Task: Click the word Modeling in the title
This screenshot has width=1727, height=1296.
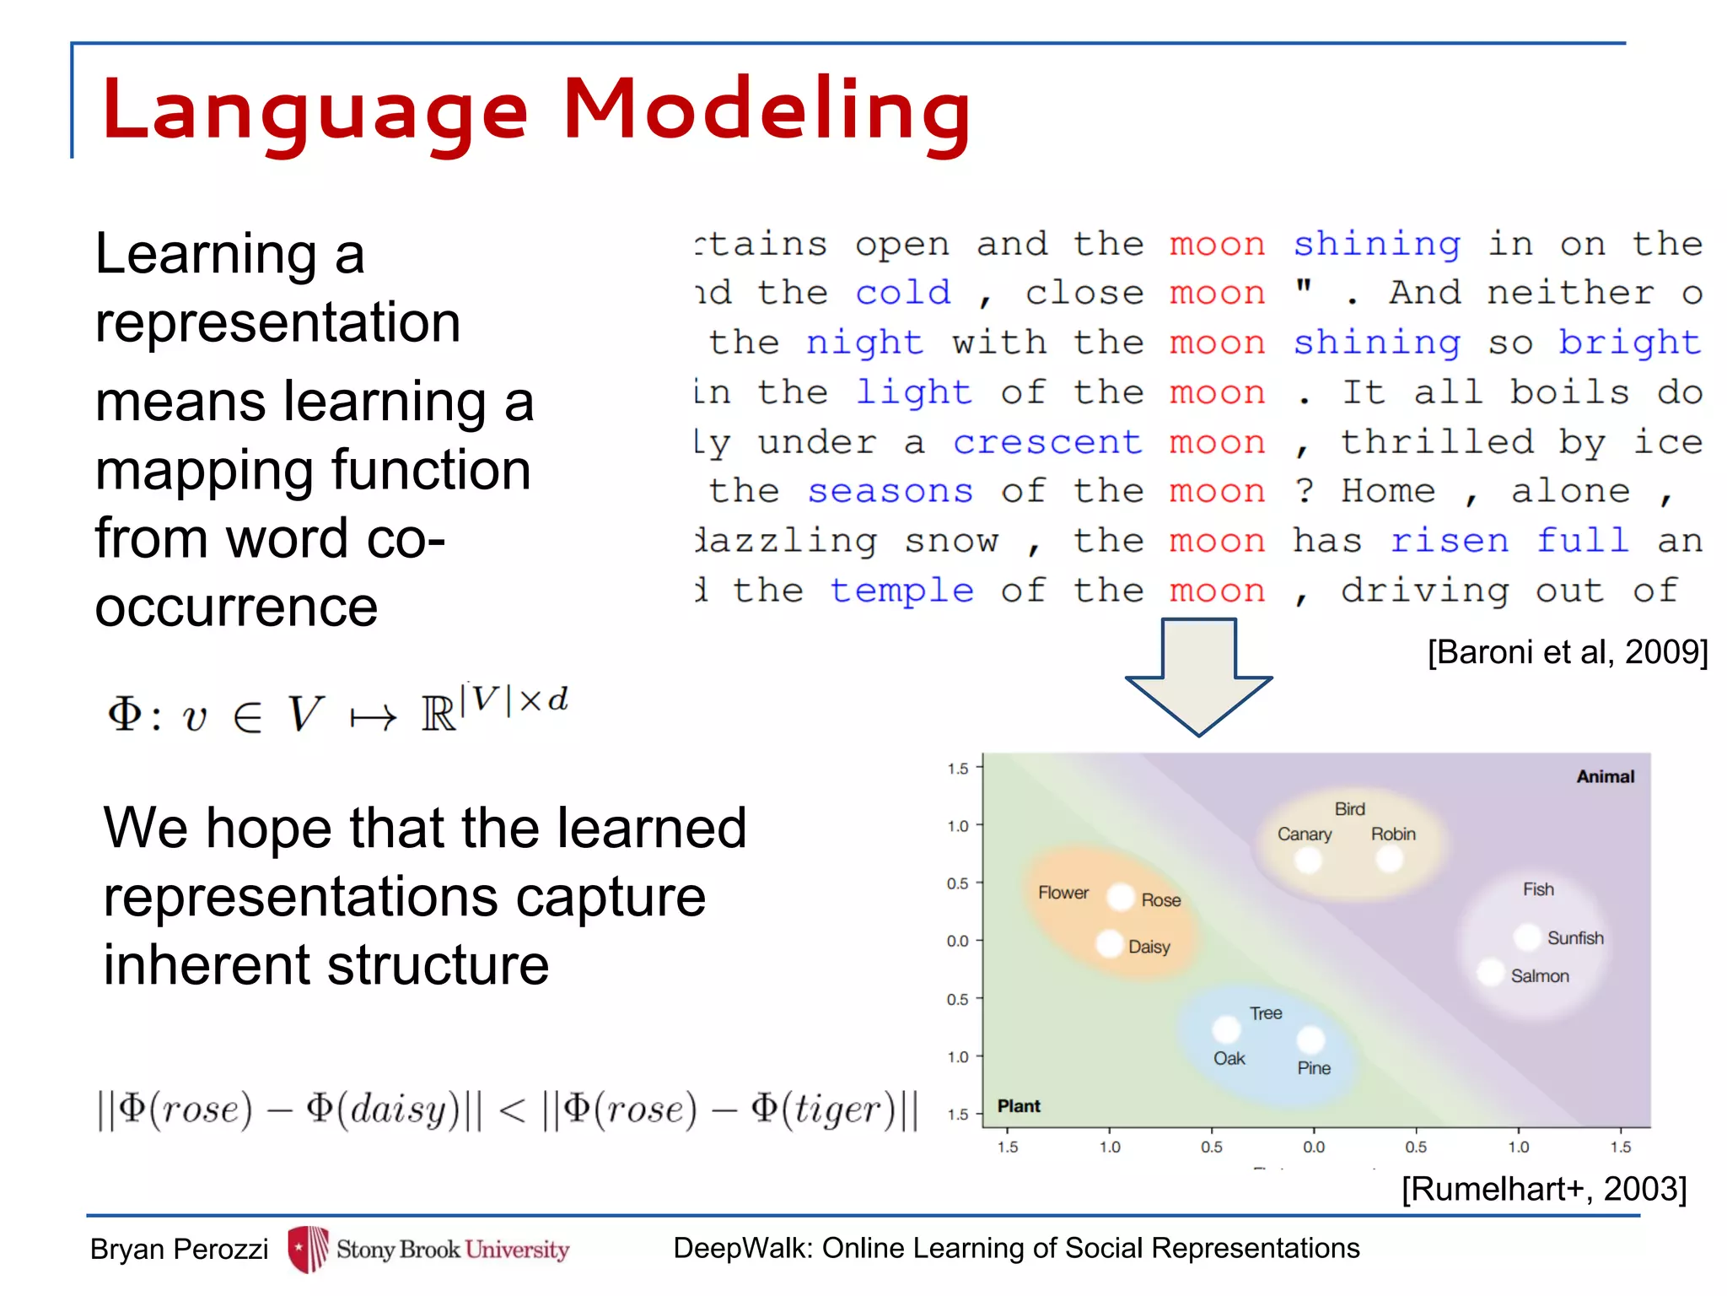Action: [767, 110]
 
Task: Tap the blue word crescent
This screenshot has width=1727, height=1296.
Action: [1046, 442]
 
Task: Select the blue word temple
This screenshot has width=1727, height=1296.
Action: [901, 591]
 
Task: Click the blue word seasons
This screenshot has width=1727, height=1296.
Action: [890, 491]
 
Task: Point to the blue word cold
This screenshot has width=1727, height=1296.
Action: [902, 293]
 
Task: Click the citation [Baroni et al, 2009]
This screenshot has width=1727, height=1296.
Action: [1567, 652]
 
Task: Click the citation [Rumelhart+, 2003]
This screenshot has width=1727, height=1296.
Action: [1543, 1189]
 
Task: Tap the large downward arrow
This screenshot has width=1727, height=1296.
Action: [1198, 675]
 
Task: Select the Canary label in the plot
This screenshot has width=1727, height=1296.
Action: [1304, 834]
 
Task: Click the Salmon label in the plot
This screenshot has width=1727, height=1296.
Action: [1539, 976]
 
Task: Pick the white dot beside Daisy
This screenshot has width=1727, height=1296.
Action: [1110, 943]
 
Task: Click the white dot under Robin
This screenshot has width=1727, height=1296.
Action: [1389, 860]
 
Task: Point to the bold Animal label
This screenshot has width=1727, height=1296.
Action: [1605, 776]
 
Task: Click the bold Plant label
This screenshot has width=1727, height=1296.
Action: [1019, 1106]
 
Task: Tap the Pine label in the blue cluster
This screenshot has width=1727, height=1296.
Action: [1313, 1068]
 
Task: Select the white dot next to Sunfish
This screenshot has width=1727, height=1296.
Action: [1527, 937]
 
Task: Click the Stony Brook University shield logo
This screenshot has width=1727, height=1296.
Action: [308, 1249]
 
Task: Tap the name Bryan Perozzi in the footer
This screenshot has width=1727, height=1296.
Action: [179, 1249]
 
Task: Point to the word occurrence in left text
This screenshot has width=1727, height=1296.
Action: [236, 607]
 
